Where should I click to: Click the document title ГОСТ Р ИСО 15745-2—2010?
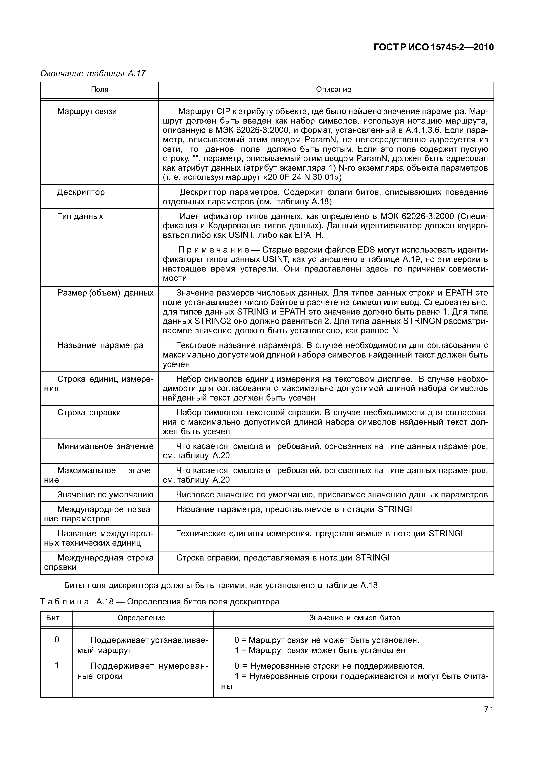click(x=433, y=47)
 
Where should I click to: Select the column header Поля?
click(x=99, y=89)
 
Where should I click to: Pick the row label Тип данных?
click(x=80, y=216)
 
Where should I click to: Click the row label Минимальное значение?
click(x=105, y=446)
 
